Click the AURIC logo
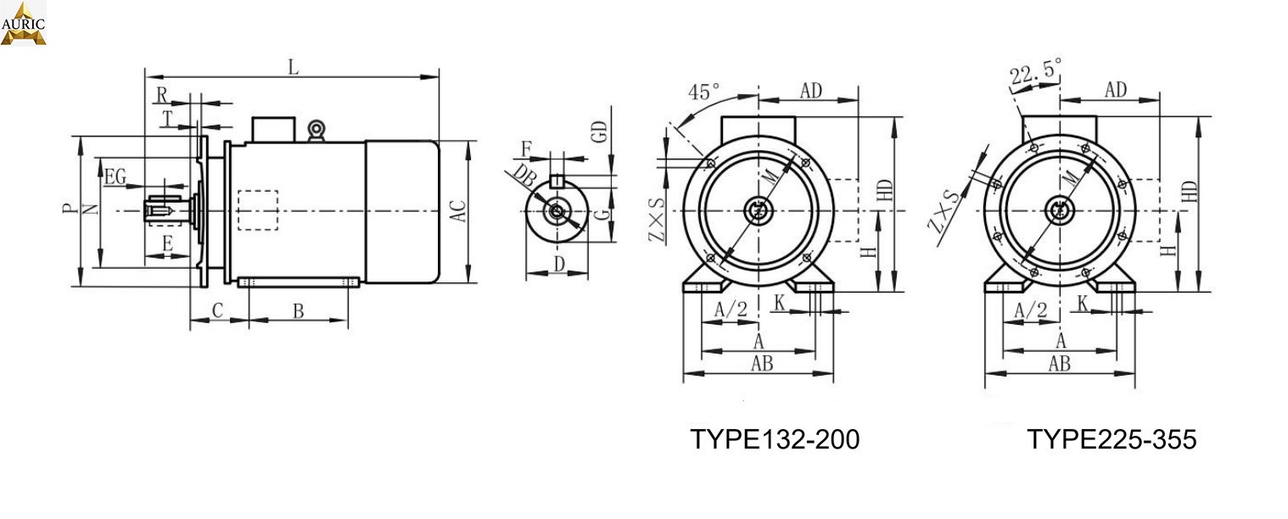23,23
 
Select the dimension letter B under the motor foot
299,311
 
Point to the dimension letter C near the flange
218,311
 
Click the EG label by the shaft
115,177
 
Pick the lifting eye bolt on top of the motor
316,130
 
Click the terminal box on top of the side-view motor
272,128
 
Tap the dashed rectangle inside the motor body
258,209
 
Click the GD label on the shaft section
600,131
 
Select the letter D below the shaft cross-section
559,264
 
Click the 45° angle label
704,91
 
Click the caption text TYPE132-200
774,439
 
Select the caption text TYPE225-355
1112,439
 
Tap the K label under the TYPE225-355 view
1084,303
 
